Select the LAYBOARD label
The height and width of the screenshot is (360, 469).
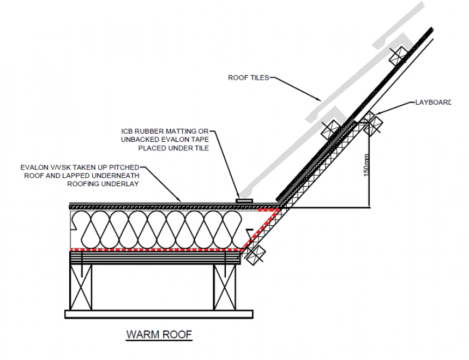coord(433,102)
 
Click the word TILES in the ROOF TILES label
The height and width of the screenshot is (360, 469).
coord(260,78)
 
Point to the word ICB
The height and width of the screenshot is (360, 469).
coord(130,131)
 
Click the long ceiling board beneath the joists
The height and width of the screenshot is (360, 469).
coord(158,314)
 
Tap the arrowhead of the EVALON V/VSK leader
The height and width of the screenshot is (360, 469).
coord(179,200)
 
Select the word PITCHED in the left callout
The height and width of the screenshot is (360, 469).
coord(117,167)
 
